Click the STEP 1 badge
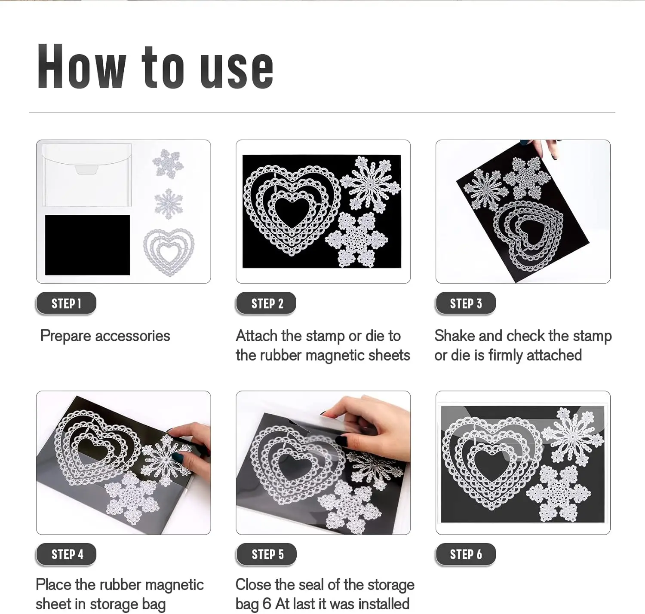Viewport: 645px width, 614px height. (66, 303)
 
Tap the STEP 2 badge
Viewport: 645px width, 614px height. (266, 303)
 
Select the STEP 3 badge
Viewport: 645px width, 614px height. (466, 303)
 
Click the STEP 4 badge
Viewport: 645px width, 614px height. (66, 554)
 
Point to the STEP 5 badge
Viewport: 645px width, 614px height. (266, 554)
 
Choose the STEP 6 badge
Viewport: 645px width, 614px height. (466, 554)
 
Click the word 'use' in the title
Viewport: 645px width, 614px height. (236, 70)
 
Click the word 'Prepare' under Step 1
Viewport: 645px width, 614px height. (66, 336)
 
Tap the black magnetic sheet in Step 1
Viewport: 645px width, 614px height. (87, 245)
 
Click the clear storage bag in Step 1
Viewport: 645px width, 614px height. (87, 175)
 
